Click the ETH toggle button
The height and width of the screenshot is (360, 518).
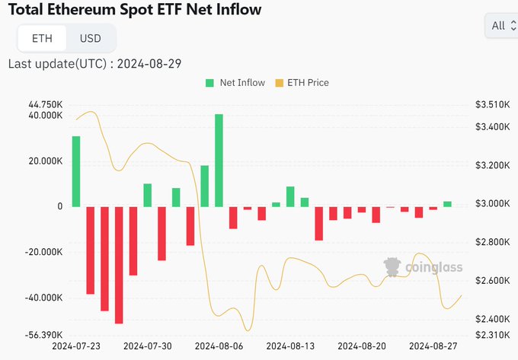point(43,38)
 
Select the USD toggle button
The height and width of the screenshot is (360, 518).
point(91,38)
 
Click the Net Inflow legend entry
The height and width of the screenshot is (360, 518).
point(235,82)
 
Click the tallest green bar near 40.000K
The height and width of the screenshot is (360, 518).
point(219,160)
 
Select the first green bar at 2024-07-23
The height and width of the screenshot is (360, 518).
point(76,171)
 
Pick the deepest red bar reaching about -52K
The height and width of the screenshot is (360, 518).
point(119,265)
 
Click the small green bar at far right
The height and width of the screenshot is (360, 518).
point(447,204)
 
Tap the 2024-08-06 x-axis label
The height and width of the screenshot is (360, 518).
point(219,346)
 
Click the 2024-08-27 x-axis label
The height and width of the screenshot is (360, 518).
point(433,346)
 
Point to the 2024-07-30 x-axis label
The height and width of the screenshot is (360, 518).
point(147,346)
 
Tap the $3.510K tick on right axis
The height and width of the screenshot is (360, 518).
point(491,104)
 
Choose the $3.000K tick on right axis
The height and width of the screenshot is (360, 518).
point(491,204)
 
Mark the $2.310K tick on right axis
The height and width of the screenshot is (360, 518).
point(491,335)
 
